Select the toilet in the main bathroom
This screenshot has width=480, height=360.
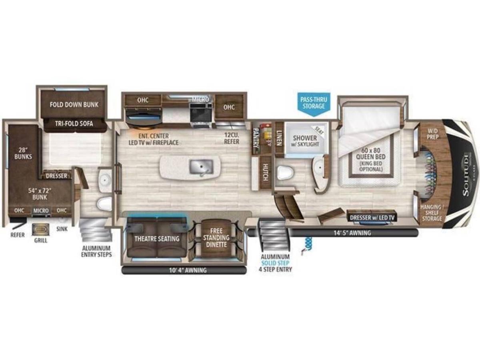tap(285, 172)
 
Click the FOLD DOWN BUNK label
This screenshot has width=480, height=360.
tap(74, 105)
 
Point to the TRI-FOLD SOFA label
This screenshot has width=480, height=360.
tap(74, 124)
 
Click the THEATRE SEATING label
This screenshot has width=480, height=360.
tap(157, 238)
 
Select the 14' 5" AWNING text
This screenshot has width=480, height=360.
tap(351, 233)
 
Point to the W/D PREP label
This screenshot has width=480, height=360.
tap(432, 134)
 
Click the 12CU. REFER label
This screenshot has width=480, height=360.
tap(232, 138)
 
